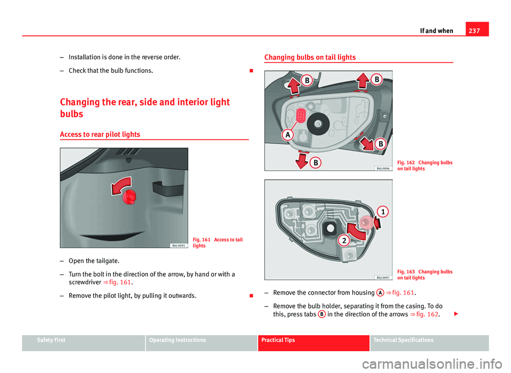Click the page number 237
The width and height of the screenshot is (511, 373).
click(x=474, y=31)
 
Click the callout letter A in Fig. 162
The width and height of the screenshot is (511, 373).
click(x=288, y=134)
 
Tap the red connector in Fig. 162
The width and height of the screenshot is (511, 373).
click(x=301, y=115)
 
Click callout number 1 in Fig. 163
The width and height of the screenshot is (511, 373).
click(x=383, y=212)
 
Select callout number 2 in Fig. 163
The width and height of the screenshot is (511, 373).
click(x=344, y=241)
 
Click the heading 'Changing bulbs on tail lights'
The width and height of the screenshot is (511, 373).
click(x=310, y=57)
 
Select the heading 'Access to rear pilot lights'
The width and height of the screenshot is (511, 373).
click(x=100, y=135)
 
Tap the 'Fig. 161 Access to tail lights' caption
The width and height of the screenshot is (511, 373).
click(x=217, y=243)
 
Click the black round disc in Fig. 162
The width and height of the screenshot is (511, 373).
click(x=318, y=124)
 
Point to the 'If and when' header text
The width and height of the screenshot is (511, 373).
click(x=436, y=31)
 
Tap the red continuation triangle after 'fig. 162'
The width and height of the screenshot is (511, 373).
click(x=456, y=314)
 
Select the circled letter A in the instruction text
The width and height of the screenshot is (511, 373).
click(x=380, y=293)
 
